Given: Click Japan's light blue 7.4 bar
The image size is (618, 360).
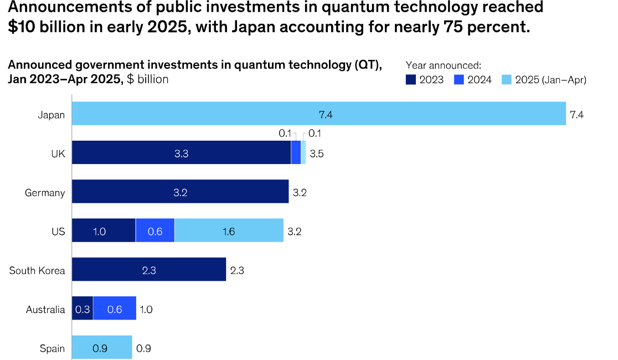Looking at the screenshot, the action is [x=319, y=114].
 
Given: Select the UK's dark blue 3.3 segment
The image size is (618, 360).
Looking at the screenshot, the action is [x=181, y=152].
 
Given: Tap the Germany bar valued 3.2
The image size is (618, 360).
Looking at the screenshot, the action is [x=180, y=191].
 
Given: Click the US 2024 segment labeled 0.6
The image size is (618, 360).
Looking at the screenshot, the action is [x=155, y=230].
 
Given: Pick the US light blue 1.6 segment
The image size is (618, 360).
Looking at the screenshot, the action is [x=229, y=230].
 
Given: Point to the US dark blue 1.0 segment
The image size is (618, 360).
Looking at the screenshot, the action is [x=104, y=230].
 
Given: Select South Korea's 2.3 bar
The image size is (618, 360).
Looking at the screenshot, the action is [x=149, y=269].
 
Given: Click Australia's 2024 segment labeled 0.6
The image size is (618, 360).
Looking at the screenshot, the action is [x=115, y=308].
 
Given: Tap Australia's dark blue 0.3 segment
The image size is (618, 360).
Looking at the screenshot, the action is [x=83, y=308].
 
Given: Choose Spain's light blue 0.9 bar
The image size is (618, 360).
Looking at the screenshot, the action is [x=102, y=347].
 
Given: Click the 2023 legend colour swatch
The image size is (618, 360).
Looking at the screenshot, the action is [x=411, y=80].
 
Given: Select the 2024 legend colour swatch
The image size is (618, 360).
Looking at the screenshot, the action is [x=459, y=80].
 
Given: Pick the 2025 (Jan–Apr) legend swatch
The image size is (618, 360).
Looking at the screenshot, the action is [x=507, y=80].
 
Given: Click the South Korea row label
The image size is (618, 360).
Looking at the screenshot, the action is [x=37, y=270].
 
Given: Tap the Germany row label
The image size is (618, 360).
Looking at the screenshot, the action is [x=45, y=193].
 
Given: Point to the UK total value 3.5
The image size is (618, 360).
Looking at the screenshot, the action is [x=317, y=153].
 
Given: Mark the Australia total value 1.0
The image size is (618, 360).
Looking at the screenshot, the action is [x=146, y=309].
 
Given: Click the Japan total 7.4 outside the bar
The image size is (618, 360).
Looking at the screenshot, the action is [x=576, y=115].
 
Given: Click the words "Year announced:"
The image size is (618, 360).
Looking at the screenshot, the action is [x=444, y=65].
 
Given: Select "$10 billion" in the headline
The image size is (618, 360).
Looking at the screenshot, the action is [x=47, y=27].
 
